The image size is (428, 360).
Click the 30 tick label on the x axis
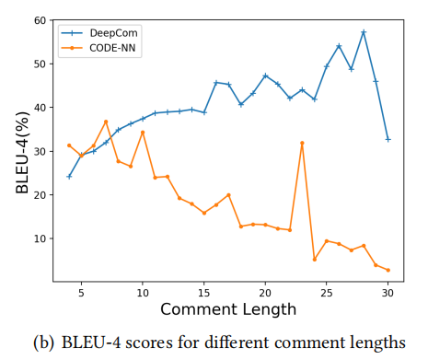point(388,293)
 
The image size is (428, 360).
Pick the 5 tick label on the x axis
point(81,293)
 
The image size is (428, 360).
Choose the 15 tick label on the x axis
point(203,293)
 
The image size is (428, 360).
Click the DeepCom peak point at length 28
point(364,32)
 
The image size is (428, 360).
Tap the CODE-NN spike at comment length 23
point(302,143)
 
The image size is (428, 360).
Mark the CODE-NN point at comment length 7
point(106,122)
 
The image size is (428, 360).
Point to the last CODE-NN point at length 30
point(388,270)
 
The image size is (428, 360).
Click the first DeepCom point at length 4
point(69,176)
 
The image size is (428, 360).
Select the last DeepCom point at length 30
point(388,139)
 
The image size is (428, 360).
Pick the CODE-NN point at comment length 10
point(143,132)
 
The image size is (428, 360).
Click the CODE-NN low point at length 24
point(314,259)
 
